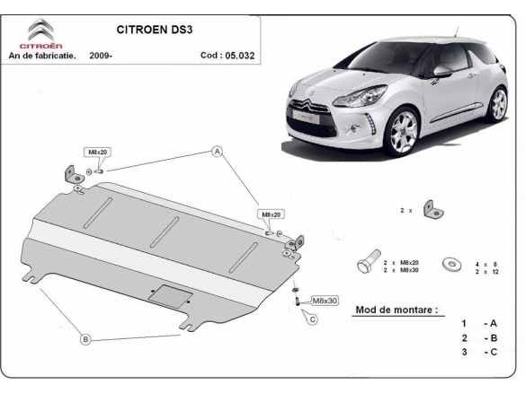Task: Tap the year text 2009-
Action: click(101, 55)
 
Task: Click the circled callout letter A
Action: click(217, 152)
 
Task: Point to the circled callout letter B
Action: click(85, 339)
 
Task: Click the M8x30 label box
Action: click(324, 301)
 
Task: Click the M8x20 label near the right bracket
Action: click(271, 215)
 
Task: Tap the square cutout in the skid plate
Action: click(168, 294)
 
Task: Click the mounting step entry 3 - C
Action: click(478, 353)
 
